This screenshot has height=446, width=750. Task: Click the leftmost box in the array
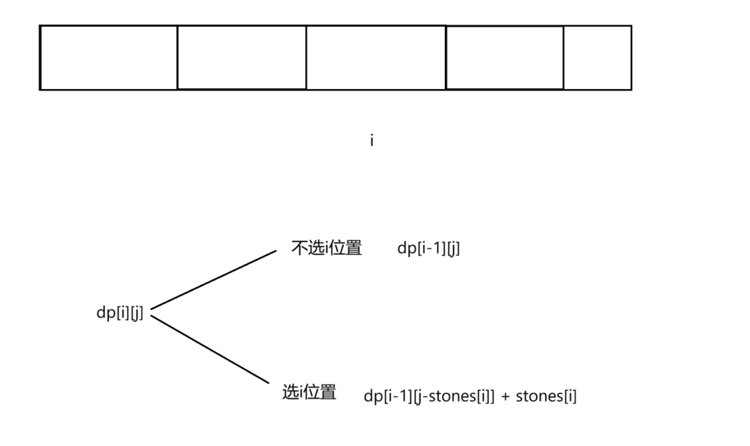109,58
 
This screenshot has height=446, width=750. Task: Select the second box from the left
242,58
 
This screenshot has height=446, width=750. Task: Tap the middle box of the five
376,58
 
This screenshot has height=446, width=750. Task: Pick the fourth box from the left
505,58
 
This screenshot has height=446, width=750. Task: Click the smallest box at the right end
597,58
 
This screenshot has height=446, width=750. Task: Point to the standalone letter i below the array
373,141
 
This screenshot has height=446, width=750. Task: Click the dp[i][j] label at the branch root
120,313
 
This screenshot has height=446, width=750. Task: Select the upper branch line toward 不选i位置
213,280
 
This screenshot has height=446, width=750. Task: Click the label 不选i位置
326,249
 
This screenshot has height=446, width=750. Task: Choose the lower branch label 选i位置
309,393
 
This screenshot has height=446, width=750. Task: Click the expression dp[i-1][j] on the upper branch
428,249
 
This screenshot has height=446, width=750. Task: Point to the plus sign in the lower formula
505,397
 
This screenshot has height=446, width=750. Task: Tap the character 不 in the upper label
299,249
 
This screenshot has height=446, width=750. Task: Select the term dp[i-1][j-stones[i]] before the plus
429,397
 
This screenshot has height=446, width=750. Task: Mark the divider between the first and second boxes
177,58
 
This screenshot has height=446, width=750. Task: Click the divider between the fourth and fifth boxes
564,58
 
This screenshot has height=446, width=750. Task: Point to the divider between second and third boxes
306,58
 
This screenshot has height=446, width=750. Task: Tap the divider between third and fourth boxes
446,58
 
